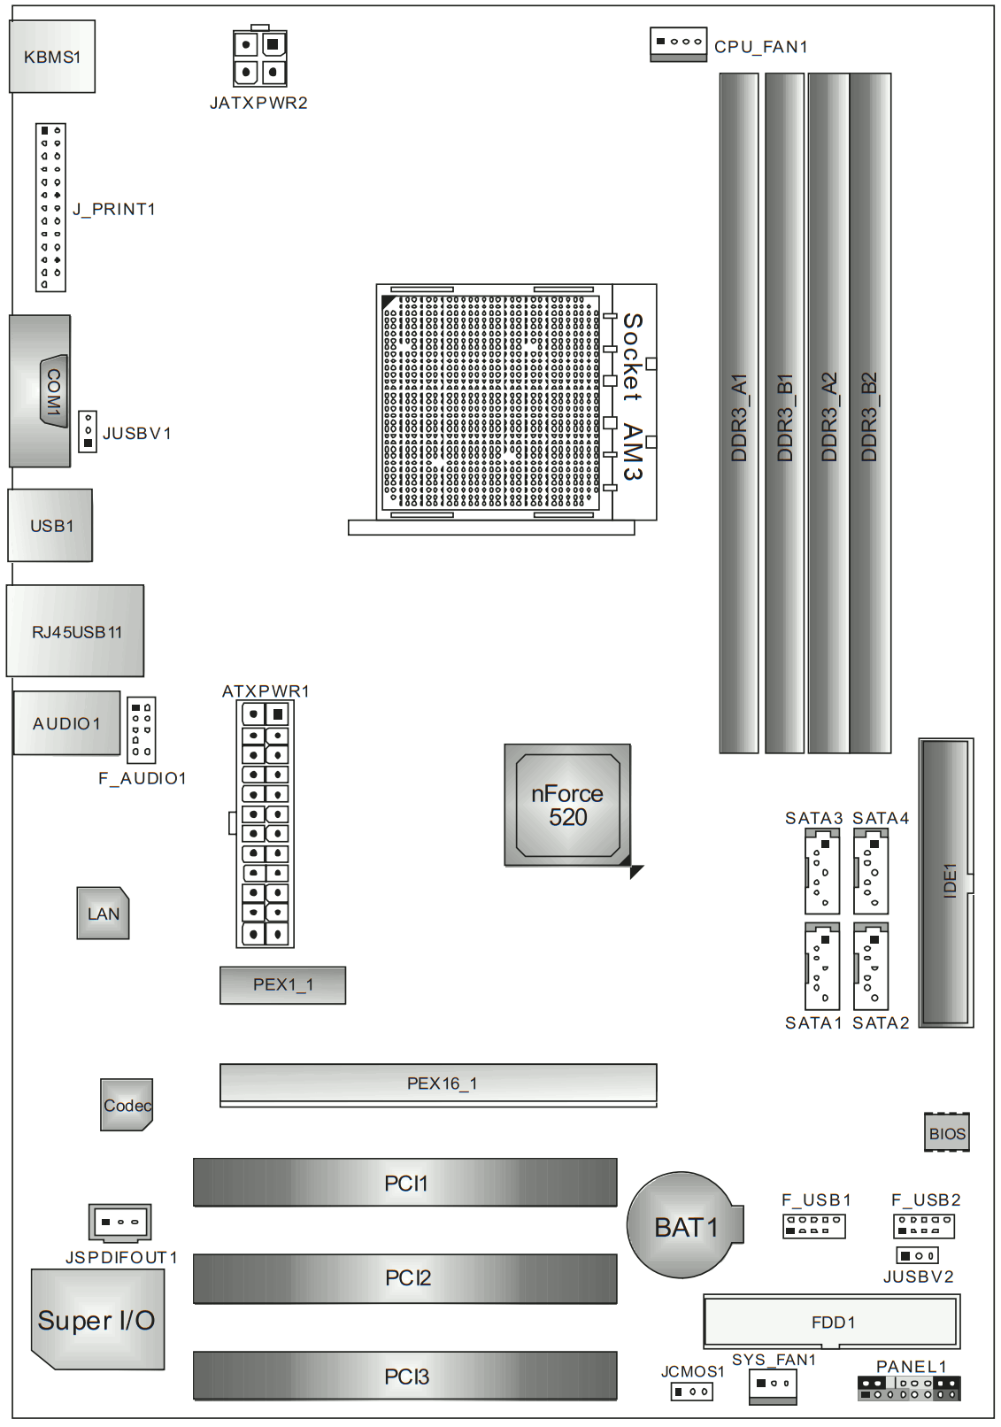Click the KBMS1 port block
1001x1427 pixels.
pos(52,57)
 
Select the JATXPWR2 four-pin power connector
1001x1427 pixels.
pos(259,58)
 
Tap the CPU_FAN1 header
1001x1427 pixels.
pos(678,43)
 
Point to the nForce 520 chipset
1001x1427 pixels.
pos(567,805)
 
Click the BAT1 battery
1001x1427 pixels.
pos(683,1226)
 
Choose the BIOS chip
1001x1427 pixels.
pos(946,1132)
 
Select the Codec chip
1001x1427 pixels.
pos(127,1105)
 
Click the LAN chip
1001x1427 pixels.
pos(103,913)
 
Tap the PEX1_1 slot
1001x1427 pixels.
pos(282,984)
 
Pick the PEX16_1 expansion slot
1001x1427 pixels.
pos(438,1084)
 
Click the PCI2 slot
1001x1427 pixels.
pos(405,1277)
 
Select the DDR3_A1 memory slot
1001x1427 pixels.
pos(738,413)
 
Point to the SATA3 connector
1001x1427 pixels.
pos(821,873)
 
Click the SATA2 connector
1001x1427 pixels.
pos(871,967)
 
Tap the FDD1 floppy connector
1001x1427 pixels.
pos(831,1322)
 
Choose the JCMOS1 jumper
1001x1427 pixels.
pos(691,1392)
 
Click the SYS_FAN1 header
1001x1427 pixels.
pos(773,1385)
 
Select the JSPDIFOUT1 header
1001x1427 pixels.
pos(119,1223)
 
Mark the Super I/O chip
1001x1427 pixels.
pos(97,1320)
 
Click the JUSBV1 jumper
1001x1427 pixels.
pos(88,431)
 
